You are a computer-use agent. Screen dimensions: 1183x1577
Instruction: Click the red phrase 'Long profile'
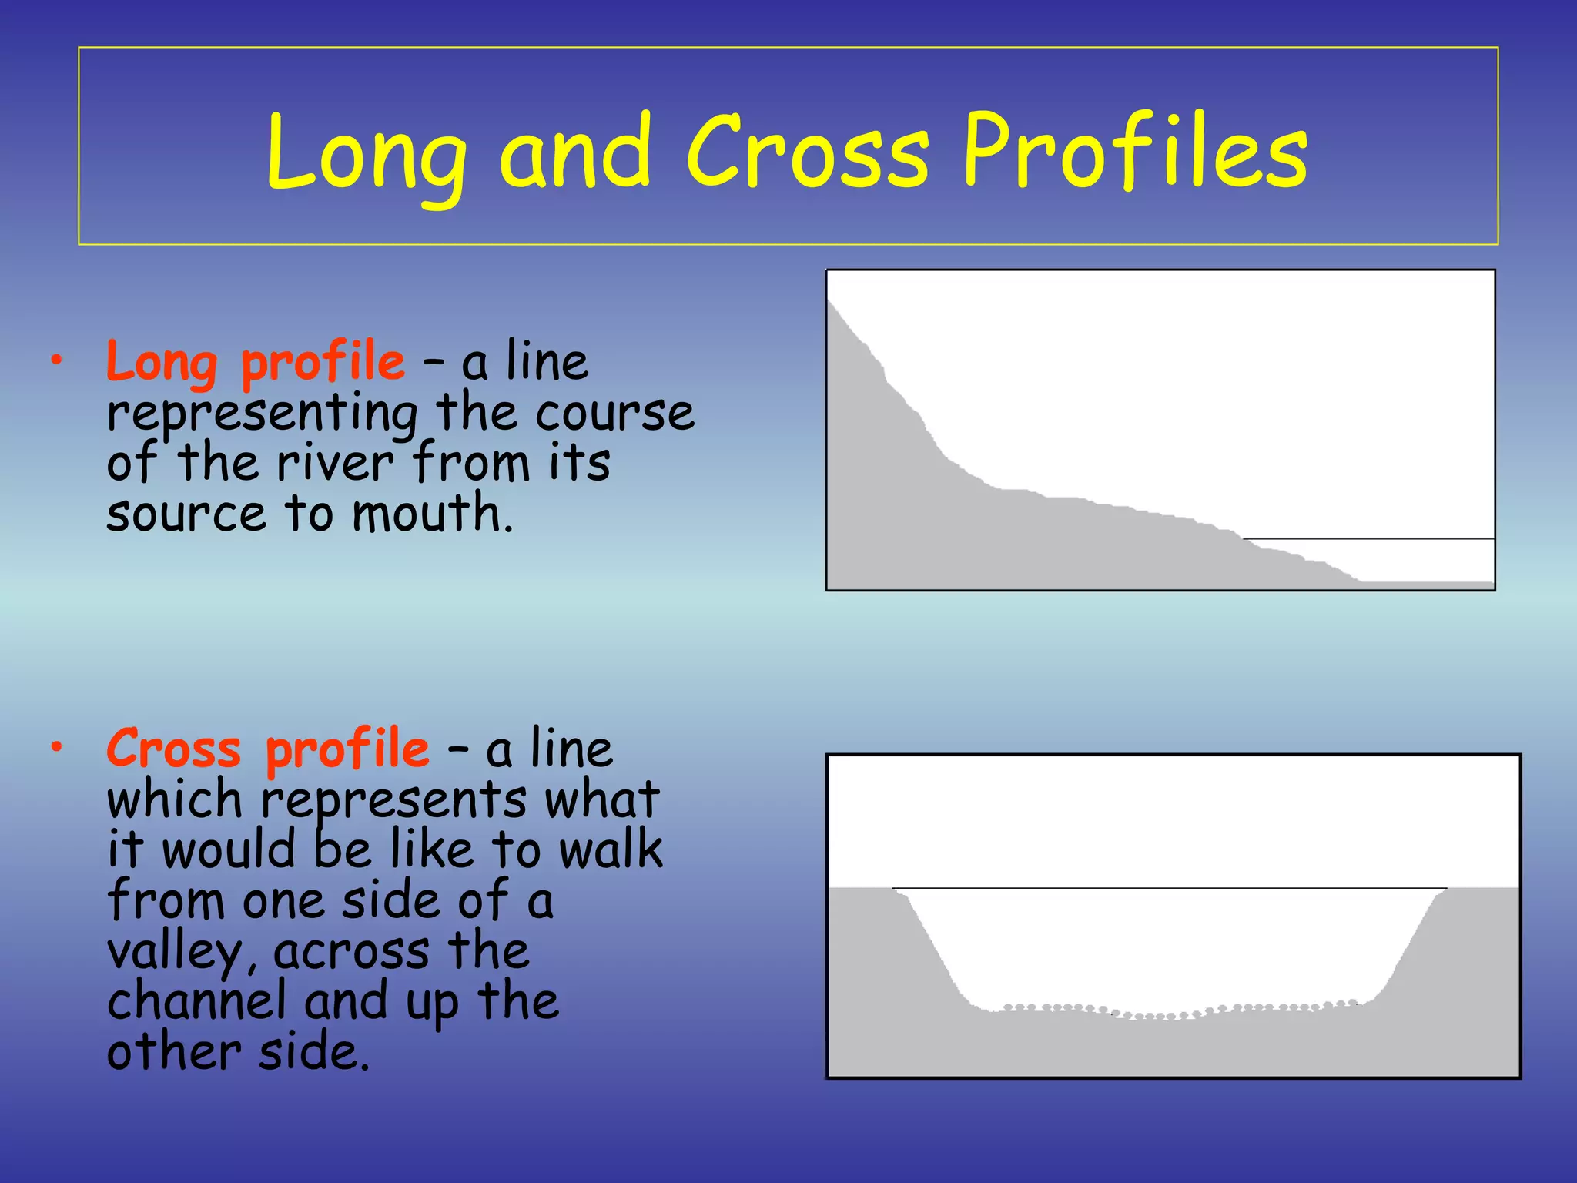click(x=255, y=362)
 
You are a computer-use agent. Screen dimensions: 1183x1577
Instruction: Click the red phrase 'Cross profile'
click(x=267, y=749)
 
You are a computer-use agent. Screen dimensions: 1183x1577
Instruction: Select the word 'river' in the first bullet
click(x=335, y=464)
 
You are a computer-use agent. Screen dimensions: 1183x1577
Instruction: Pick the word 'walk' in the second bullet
click(x=611, y=850)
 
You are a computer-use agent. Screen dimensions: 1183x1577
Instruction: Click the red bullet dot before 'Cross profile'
click(x=56, y=746)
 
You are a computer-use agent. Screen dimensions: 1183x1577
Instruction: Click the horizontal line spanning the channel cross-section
click(x=1170, y=888)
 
